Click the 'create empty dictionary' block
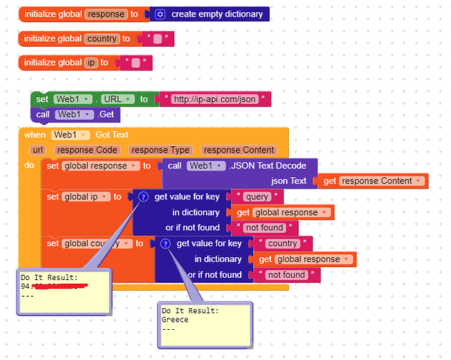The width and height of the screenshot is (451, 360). pos(215,14)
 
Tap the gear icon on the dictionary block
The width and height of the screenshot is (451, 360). pos(160,14)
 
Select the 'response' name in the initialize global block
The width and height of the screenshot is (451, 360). pos(106,14)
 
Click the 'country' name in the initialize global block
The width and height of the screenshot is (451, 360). pos(102,39)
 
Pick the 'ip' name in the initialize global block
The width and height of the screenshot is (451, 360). pos(91,63)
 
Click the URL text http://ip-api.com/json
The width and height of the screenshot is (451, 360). pos(215,99)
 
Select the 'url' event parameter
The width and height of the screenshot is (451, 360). pos(37,150)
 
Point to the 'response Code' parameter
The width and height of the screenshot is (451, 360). pos(86,150)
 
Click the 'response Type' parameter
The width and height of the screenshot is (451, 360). pos(159,150)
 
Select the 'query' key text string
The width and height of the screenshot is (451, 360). pos(257,197)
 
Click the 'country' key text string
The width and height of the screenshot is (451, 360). pos(282,243)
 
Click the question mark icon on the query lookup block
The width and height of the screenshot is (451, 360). pos(143,197)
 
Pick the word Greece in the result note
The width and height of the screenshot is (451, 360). pos(175,320)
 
